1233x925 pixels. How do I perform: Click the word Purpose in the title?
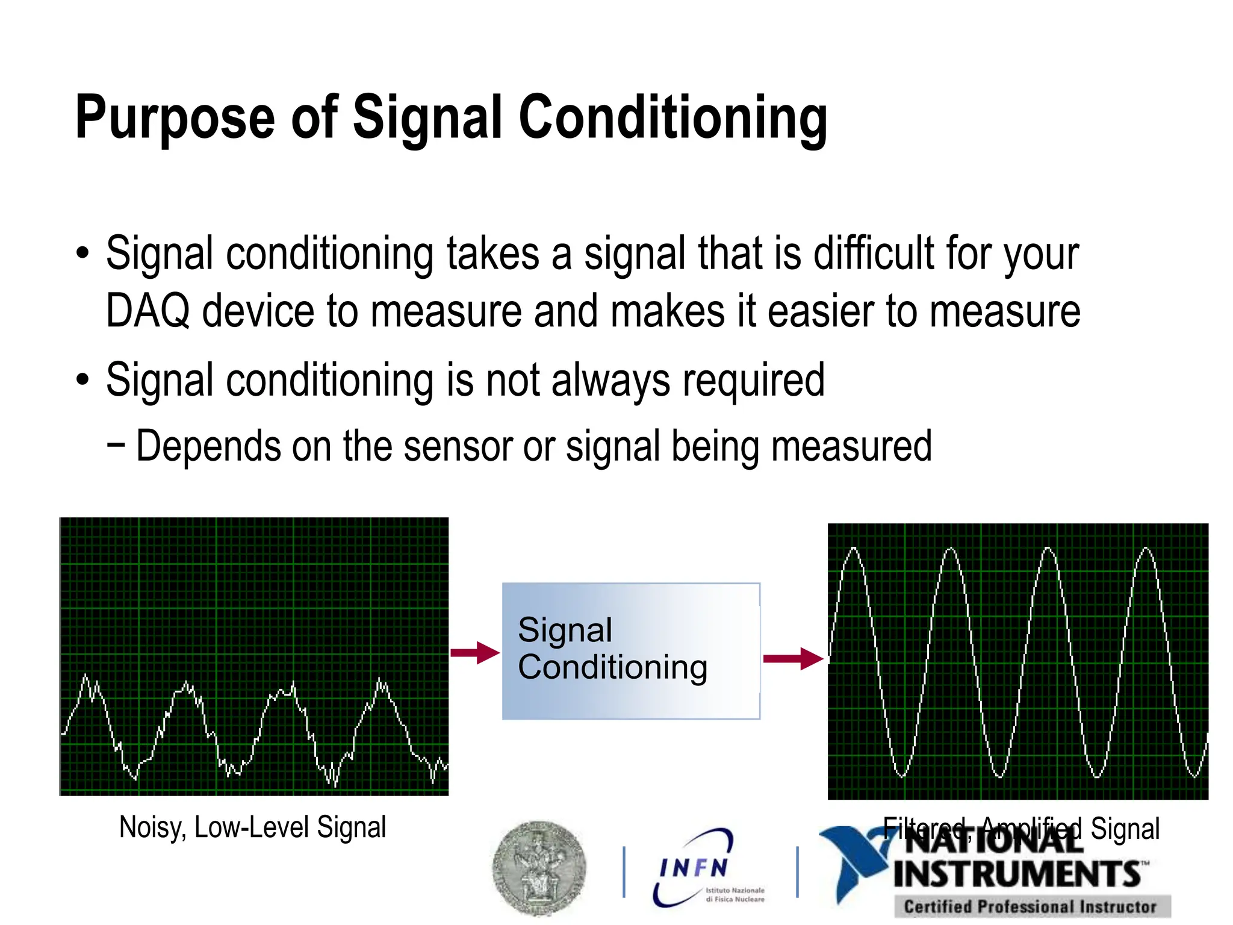[x=175, y=119]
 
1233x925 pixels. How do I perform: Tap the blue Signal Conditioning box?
[x=631, y=651]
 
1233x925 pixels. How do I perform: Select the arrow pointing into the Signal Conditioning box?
[x=476, y=653]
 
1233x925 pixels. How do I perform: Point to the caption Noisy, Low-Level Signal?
[x=252, y=827]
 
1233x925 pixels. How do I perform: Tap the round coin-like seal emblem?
[x=539, y=867]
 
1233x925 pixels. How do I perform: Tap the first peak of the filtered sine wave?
[x=854, y=549]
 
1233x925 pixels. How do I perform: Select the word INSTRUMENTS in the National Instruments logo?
[x=1017, y=874]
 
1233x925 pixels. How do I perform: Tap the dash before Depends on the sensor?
[x=116, y=446]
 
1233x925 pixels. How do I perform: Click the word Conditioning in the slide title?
[x=672, y=119]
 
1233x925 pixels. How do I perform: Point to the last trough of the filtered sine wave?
[x=1194, y=776]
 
